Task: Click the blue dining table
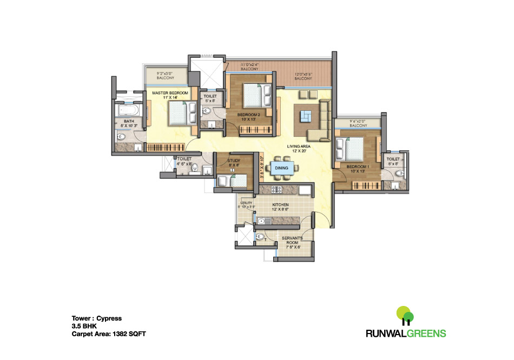[281, 168]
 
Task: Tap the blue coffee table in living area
[306, 115]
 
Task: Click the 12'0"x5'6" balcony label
[303, 76]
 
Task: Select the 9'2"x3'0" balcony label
[156, 75]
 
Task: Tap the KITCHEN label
[280, 204]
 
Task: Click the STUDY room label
[234, 161]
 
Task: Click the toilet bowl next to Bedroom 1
[399, 174]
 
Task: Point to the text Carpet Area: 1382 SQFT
[109, 334]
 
